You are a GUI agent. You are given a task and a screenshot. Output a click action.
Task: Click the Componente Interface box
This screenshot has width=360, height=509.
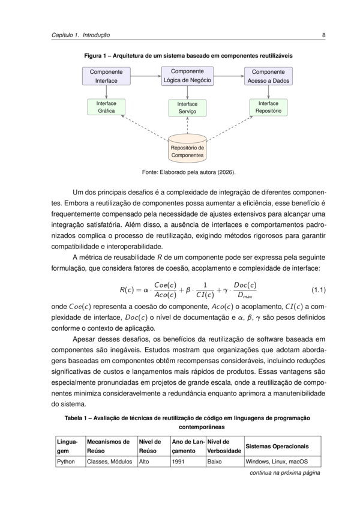106,76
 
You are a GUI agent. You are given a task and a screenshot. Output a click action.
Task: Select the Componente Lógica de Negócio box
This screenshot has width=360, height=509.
187,76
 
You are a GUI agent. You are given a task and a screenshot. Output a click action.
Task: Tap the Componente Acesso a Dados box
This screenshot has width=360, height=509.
268,76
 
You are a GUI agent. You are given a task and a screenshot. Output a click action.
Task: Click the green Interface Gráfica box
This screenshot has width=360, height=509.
106,107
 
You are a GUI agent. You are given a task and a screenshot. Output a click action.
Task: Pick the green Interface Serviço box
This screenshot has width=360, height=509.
187,108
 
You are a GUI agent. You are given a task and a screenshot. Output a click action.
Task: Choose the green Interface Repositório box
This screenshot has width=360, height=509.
268,107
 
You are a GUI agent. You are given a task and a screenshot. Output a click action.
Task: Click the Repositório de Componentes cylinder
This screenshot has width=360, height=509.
187,148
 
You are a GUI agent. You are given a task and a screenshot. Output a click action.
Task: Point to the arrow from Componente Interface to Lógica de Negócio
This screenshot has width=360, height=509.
146,76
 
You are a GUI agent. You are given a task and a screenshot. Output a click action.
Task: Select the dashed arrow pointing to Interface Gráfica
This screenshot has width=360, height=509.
145,128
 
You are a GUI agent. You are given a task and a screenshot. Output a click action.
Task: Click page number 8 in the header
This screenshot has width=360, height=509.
323,35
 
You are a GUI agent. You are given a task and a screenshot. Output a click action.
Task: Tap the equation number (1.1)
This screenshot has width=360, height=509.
319,290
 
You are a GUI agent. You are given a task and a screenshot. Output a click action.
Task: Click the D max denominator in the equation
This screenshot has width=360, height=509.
245,295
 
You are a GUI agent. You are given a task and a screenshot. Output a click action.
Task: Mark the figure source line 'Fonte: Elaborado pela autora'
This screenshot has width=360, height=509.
188,172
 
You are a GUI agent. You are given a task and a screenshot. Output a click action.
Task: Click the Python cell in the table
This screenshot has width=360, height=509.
66,462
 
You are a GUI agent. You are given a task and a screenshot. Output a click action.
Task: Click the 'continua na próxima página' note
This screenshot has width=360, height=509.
284,473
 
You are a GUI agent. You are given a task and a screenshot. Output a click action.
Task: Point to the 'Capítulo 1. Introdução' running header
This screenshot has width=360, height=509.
80,35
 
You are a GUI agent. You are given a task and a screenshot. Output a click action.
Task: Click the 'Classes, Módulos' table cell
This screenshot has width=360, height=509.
109,462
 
